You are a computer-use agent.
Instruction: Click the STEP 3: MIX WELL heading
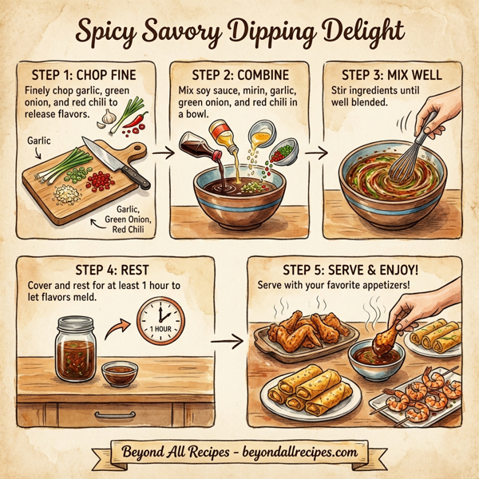coord(391,76)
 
